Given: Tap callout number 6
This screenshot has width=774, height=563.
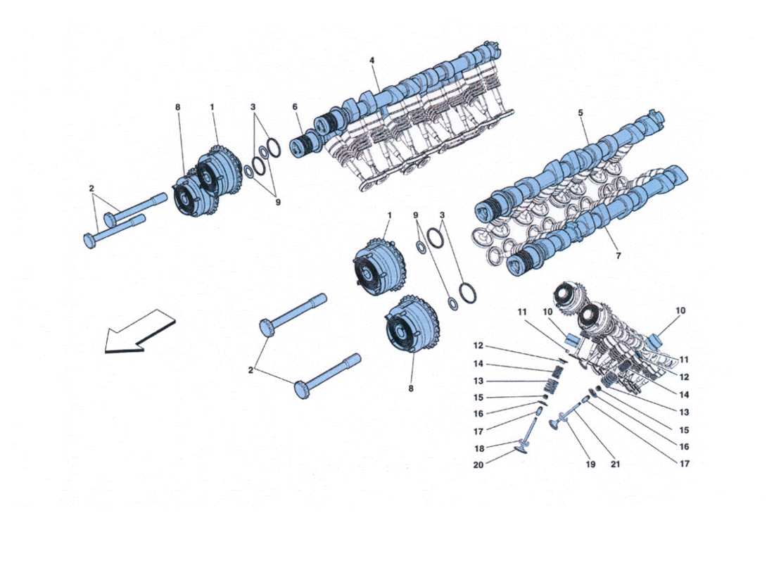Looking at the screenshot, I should tap(296, 107).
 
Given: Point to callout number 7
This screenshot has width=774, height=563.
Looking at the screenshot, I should tap(618, 256).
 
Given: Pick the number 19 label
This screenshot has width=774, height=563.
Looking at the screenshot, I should tap(590, 464).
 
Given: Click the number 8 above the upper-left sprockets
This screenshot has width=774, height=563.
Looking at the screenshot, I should tap(177, 107).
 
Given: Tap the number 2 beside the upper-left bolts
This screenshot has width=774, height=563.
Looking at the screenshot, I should tap(91, 189).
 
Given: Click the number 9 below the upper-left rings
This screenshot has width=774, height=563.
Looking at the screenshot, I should tap(277, 202).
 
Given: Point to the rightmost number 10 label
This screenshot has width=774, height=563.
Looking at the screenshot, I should tap(680, 310).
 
